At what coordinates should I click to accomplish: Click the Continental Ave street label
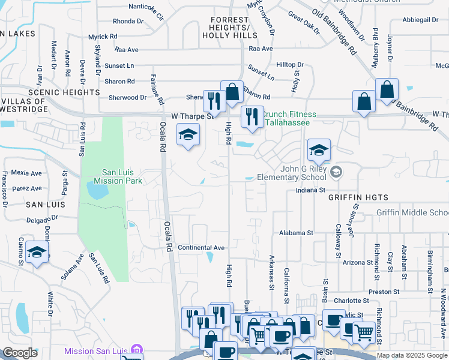(201, 247)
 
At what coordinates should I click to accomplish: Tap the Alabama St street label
(296, 233)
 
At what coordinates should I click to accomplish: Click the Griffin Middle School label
(412, 213)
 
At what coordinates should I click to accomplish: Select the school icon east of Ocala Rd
(188, 134)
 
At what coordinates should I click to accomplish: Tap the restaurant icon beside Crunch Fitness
(252, 116)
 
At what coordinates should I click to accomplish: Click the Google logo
(20, 353)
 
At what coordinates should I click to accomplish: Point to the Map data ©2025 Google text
(412, 355)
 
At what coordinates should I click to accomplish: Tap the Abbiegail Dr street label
(421, 20)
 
